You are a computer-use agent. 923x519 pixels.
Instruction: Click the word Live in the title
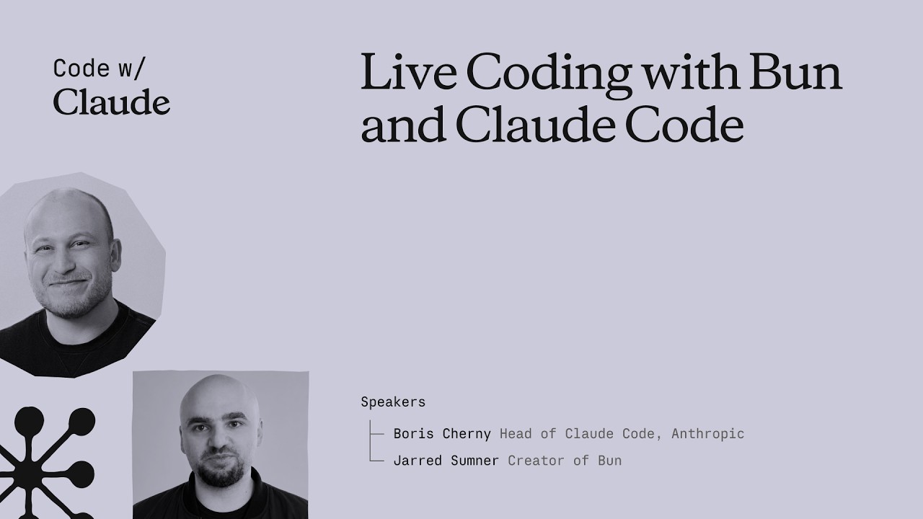409,71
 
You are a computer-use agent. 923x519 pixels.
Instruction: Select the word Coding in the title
549,76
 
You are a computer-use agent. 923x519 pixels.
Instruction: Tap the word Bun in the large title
795,71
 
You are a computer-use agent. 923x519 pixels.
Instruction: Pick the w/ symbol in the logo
132,68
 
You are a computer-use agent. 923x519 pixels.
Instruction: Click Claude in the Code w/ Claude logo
112,102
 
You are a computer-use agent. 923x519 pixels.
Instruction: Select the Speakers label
393,402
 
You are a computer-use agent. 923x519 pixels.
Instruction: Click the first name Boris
414,434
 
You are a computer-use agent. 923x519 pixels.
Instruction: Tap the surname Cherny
467,434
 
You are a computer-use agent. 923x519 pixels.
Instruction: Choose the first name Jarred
418,461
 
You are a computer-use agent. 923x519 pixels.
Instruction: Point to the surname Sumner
474,461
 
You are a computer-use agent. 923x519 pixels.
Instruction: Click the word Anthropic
708,434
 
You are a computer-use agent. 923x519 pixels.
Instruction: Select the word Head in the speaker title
516,434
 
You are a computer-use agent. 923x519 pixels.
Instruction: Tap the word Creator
536,461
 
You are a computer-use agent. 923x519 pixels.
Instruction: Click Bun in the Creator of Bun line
610,461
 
